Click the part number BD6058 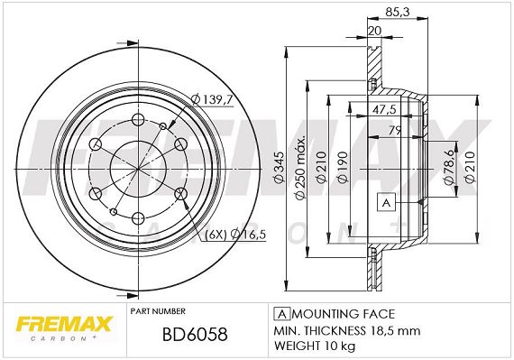tap(195, 335)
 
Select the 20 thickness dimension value tap(375, 31)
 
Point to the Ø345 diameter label tap(279, 167)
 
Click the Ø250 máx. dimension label tap(300, 167)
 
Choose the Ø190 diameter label tap(342, 168)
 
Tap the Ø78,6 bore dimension tap(449, 167)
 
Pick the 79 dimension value tap(395, 130)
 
